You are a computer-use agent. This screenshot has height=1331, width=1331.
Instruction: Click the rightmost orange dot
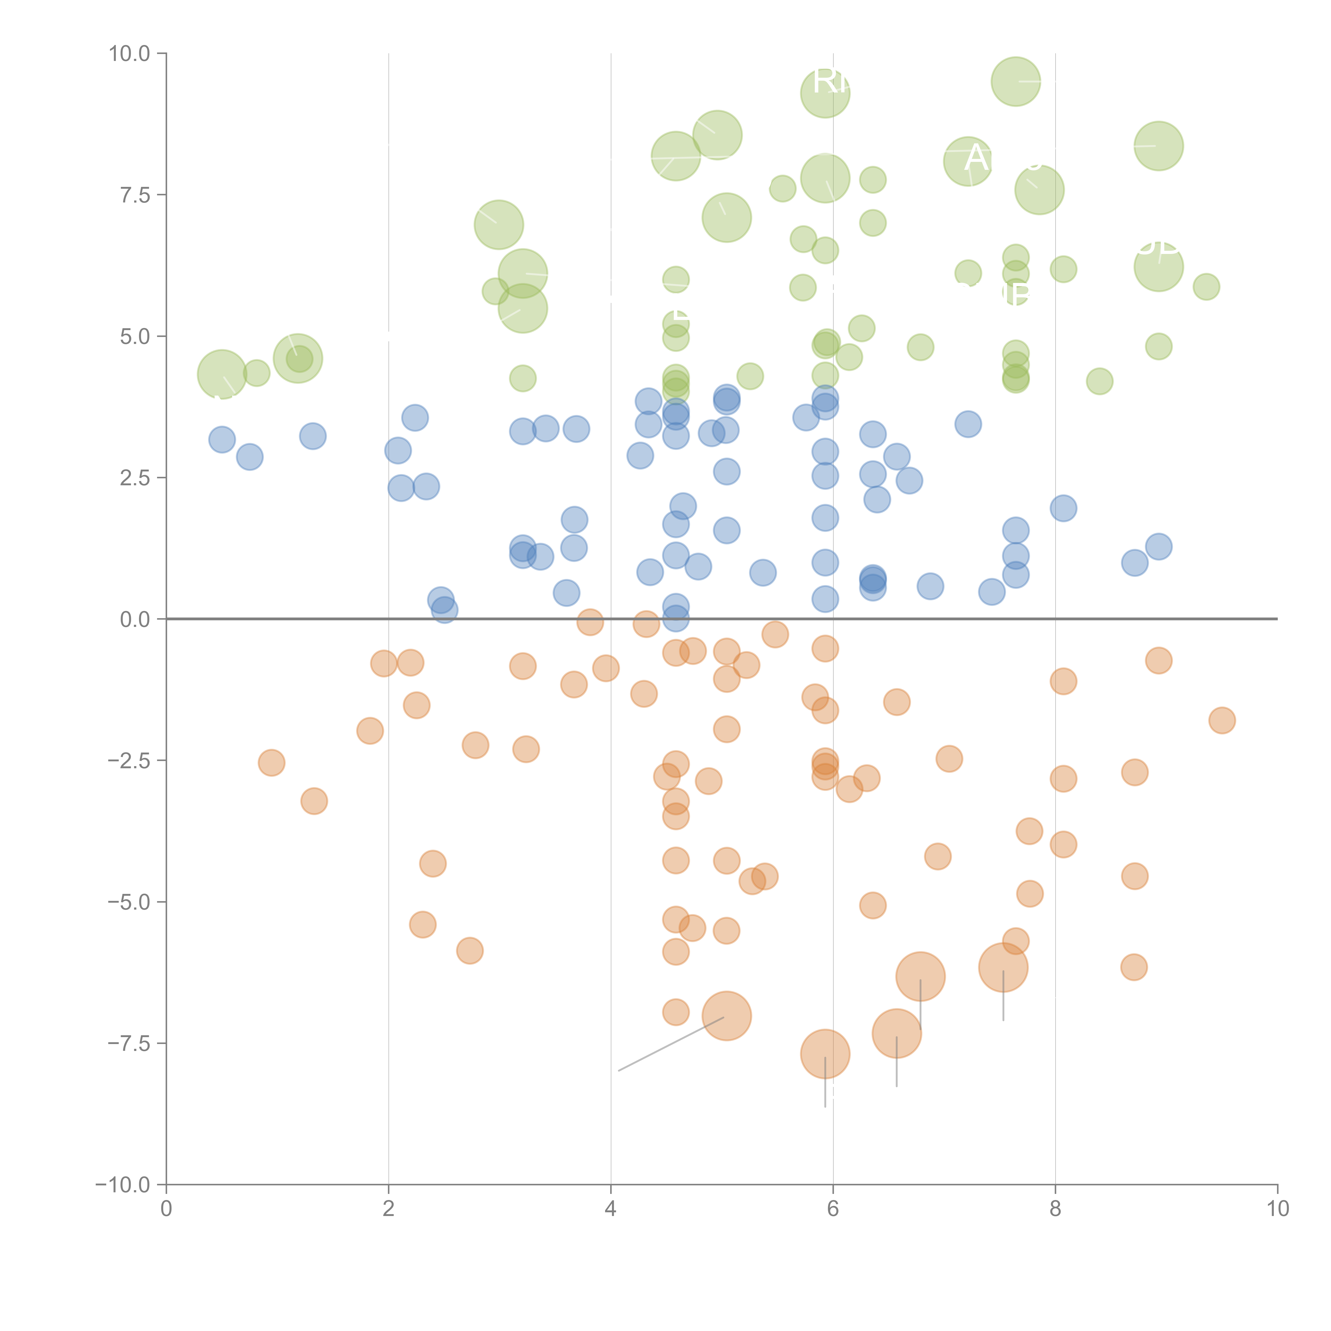coord(1222,721)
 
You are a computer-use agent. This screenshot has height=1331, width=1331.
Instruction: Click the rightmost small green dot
coord(1206,287)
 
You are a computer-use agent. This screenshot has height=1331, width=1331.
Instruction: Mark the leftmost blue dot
coord(222,439)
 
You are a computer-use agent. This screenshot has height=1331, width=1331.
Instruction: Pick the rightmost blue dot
coord(1159,546)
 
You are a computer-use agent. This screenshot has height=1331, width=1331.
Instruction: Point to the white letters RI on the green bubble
coord(831,81)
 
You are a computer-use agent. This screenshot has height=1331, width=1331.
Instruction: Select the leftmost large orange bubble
coord(726,1016)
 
